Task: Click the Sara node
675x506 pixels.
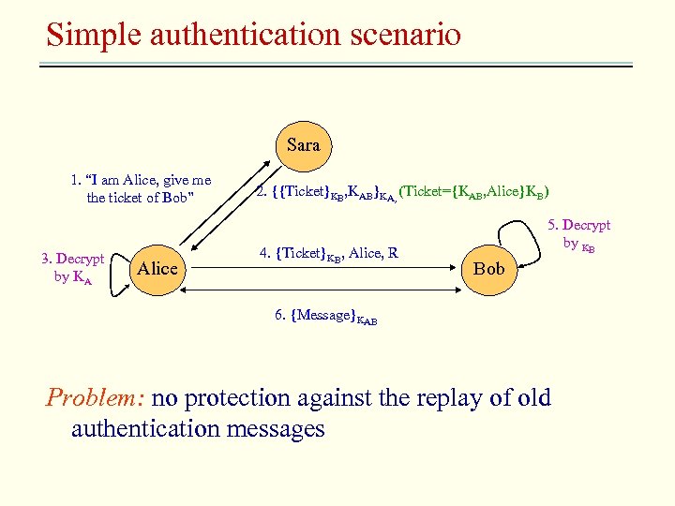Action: tap(303, 144)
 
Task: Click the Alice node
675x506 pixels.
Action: tap(157, 269)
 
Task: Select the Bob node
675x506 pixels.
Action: tap(488, 269)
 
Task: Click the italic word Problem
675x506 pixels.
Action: tap(95, 397)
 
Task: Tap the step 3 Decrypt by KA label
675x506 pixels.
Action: tap(73, 267)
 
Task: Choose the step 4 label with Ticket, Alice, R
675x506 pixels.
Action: tap(328, 252)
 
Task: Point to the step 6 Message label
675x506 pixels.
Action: tap(325, 317)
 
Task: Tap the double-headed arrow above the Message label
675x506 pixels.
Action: tap(328, 292)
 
